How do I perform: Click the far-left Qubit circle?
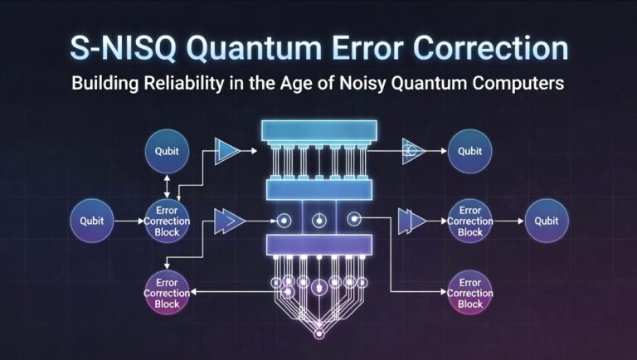[93, 221]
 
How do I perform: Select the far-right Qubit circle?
[547, 221]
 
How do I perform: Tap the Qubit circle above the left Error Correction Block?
[167, 152]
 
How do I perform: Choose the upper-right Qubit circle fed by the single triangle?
[469, 152]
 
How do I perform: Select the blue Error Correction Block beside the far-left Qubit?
[167, 221]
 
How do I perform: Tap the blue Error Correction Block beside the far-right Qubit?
[469, 221]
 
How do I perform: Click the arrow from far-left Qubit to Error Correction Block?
[129, 221]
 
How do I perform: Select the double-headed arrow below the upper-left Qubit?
[167, 185]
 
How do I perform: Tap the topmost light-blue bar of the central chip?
[318, 130]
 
